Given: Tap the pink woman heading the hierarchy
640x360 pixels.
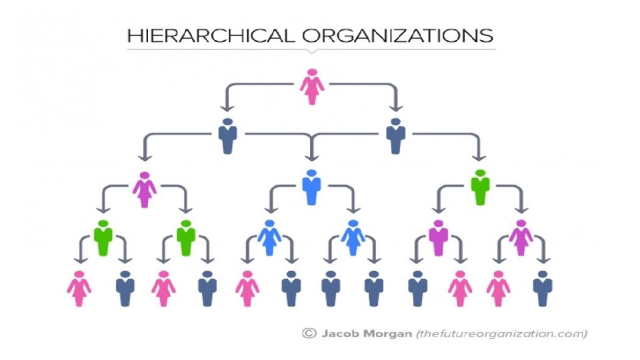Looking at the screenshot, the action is click(311, 87).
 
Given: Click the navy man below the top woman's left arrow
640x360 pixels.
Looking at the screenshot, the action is click(228, 136).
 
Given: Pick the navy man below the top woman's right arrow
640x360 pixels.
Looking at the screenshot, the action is click(395, 136).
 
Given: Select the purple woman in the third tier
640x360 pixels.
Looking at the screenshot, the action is click(144, 189).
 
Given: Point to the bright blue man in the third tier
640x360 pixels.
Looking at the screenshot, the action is click(311, 187).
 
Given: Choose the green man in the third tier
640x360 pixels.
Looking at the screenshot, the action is click(479, 187).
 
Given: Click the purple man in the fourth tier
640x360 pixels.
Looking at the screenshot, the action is click(437, 237).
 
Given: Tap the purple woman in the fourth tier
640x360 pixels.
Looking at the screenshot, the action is click(521, 237).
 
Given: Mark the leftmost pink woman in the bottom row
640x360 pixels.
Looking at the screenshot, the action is click(79, 288).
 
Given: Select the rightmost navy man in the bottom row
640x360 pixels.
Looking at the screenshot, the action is click(543, 288).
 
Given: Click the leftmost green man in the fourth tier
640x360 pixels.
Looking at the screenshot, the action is click(103, 237).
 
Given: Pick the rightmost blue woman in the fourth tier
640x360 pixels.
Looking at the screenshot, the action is click(353, 237).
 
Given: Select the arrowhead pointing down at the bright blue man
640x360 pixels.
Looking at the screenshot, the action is click(311, 157).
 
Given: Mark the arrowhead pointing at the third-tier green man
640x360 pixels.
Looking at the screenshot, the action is click(478, 157).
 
